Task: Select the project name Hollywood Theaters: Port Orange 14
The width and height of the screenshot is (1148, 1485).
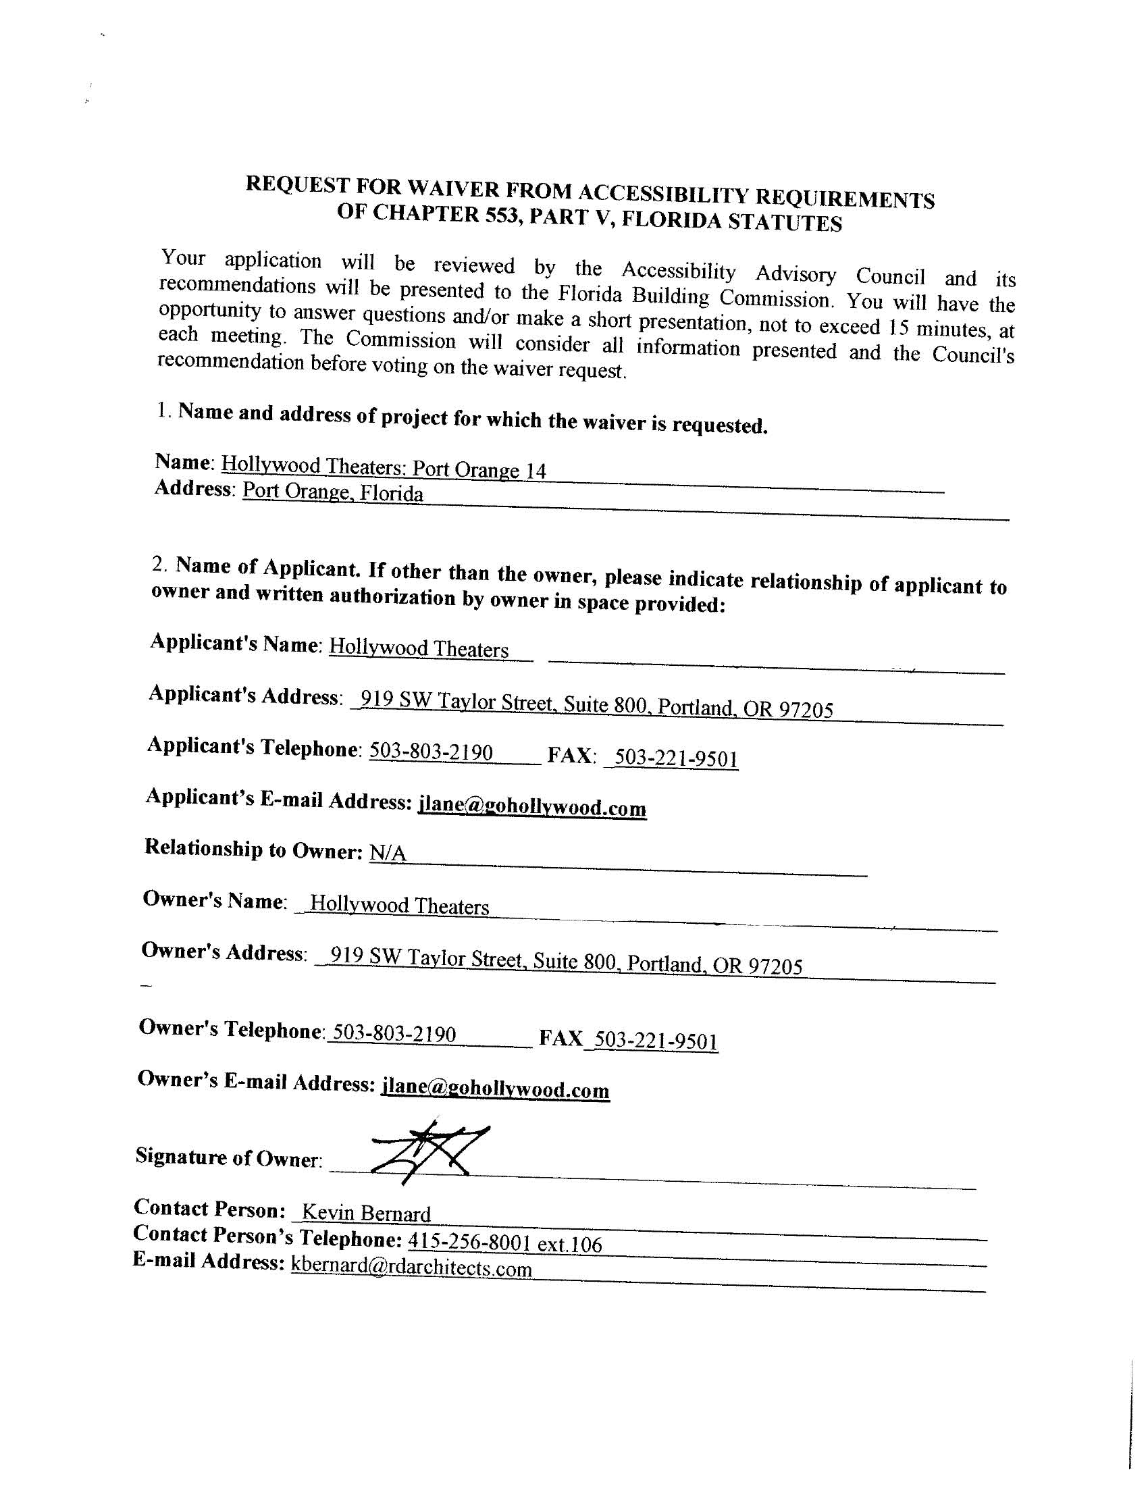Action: (x=384, y=468)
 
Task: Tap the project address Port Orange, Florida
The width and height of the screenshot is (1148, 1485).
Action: (x=332, y=492)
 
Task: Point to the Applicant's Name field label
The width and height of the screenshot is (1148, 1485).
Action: (x=234, y=643)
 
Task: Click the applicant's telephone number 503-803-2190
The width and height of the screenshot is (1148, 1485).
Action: (x=431, y=752)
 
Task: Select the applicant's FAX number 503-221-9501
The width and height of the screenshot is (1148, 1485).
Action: (x=676, y=758)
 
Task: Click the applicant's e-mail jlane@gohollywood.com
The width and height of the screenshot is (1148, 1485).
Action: (x=532, y=807)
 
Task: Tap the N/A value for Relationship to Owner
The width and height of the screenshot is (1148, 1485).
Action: (x=387, y=853)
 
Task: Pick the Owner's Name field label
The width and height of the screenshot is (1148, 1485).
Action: (x=213, y=900)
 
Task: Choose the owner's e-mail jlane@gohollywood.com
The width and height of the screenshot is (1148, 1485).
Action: (x=496, y=1089)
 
